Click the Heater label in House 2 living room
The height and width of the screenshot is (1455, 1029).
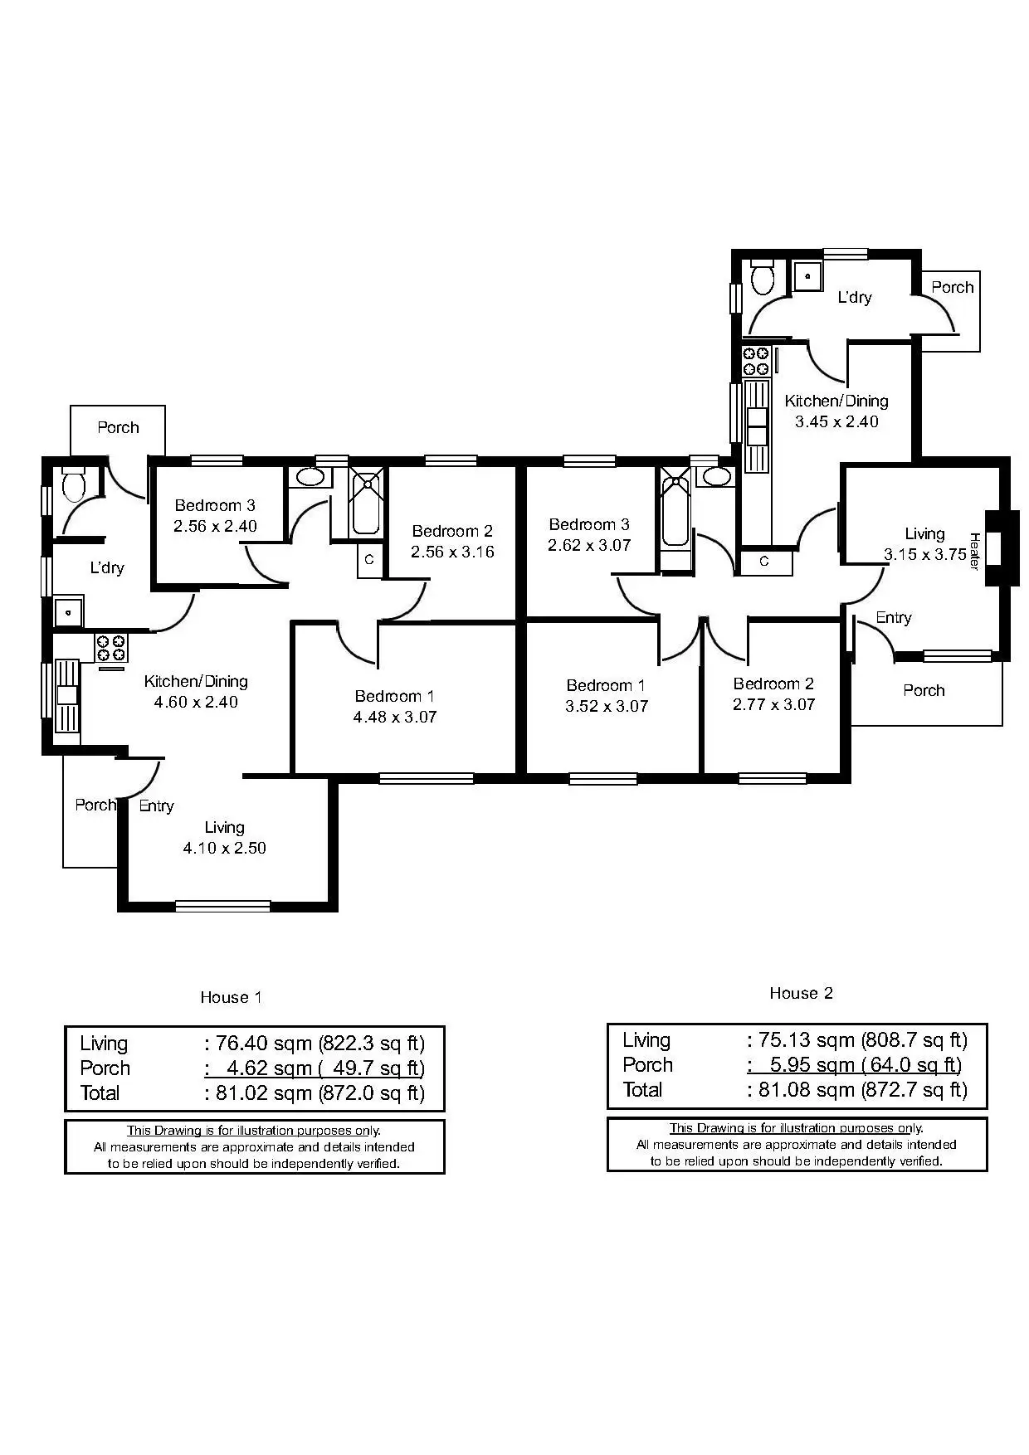click(975, 551)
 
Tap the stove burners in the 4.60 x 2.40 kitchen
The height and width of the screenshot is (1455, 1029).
click(110, 648)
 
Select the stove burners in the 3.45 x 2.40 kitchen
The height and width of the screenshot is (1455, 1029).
click(756, 361)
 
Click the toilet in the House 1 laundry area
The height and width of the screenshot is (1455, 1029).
click(74, 484)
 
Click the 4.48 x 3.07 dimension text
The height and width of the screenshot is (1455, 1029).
click(395, 717)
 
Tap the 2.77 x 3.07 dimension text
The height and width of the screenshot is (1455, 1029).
click(773, 704)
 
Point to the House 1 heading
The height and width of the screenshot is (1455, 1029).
click(231, 997)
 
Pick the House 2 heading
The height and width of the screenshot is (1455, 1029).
click(801, 993)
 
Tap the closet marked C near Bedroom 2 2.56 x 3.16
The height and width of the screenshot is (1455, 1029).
click(369, 560)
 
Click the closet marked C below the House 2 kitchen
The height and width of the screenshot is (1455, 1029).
click(764, 562)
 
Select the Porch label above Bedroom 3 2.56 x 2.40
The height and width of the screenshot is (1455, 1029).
click(118, 427)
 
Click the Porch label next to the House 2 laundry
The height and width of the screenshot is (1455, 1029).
click(952, 287)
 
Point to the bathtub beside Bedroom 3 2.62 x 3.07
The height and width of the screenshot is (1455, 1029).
click(675, 518)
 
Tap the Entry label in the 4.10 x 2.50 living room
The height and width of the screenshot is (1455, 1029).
click(156, 805)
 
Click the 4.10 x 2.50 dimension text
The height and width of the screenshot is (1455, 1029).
click(224, 848)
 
